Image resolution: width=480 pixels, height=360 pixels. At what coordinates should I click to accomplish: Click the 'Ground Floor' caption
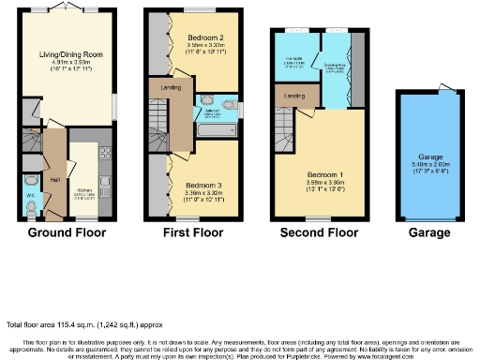67,232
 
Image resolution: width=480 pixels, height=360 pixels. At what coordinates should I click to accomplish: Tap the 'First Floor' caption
191,232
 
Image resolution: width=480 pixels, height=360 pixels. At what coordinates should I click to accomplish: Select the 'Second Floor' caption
318,232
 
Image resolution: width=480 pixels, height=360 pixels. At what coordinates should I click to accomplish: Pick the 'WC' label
30,196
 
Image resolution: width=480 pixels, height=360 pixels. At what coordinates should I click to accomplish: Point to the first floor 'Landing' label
172,88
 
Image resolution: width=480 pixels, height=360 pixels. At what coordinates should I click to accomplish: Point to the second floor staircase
286,124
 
